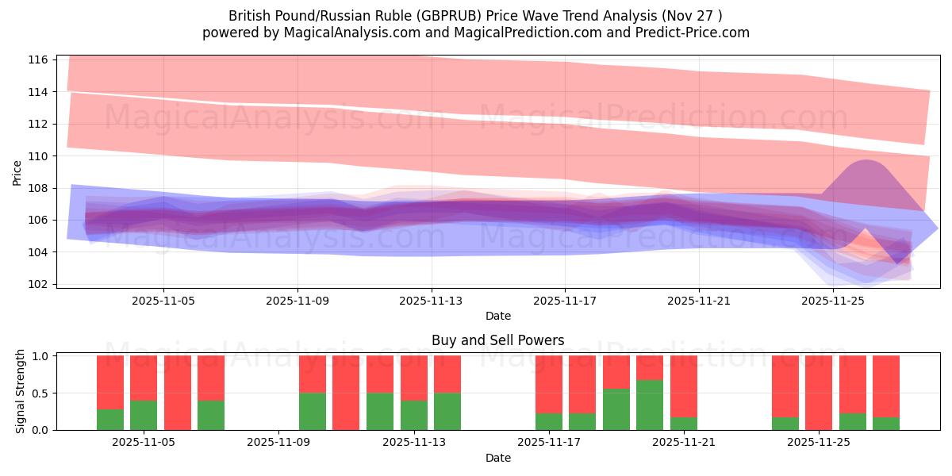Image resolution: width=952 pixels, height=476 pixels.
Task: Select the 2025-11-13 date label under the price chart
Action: coord(432,301)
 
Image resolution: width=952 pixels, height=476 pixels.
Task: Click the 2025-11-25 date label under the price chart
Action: coord(833,301)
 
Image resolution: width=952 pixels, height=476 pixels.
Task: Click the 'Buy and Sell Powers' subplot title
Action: coord(497,340)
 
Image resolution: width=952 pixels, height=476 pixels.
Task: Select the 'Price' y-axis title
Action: coord(17,172)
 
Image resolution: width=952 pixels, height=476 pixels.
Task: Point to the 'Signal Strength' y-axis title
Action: coord(21,392)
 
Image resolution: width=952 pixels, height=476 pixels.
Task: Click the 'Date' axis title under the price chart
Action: coord(497,316)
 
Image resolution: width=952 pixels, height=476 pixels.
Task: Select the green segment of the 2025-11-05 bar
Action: coord(144,415)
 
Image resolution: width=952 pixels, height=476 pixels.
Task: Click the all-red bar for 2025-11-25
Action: coord(819,393)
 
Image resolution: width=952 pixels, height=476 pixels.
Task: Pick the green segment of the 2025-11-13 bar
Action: coord(447,411)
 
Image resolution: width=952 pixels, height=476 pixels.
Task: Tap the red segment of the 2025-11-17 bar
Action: coord(549,384)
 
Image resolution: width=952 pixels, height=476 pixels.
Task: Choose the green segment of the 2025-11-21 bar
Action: coord(684,424)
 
